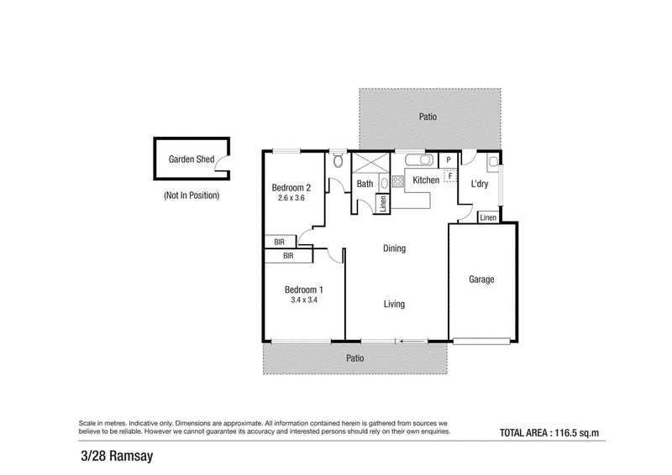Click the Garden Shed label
[192, 159]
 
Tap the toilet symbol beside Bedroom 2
[339, 160]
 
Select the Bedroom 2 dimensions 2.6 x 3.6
[291, 198]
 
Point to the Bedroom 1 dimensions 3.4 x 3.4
[304, 300]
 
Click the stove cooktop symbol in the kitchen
[397, 181]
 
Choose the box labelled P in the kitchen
[449, 160]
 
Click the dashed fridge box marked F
[450, 175]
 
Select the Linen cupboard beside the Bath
[383, 203]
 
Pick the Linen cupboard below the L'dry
[488, 217]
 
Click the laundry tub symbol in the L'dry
[493, 161]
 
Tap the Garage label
[481, 279]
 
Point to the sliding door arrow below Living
[413, 342]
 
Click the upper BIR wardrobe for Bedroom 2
[280, 242]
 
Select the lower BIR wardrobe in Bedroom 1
[288, 256]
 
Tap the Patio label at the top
[428, 117]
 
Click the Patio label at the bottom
[354, 358]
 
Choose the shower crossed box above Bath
[370, 163]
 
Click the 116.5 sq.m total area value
[577, 433]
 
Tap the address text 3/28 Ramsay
[117, 456]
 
